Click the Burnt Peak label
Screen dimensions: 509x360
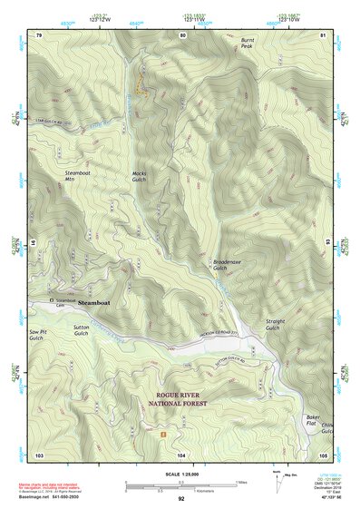(x=248, y=44)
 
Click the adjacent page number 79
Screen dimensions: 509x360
(x=39, y=34)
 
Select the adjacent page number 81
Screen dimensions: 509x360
(x=323, y=34)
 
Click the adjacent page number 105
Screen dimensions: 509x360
(x=323, y=454)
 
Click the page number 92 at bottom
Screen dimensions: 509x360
(x=180, y=499)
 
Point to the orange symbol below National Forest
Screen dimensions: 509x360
(x=163, y=435)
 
